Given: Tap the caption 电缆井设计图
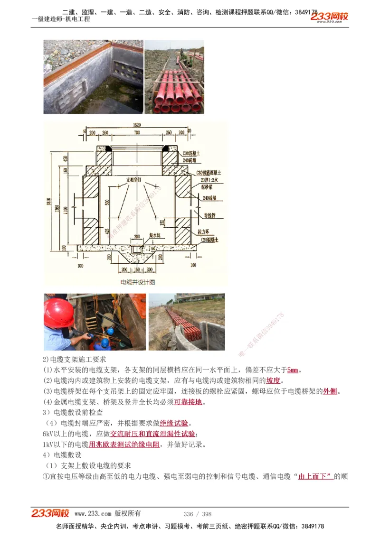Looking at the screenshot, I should coord(138,282).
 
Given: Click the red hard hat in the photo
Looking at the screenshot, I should coord(58,313).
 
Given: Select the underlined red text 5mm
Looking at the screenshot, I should coord(293,370).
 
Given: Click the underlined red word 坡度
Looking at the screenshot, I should coord(273,380).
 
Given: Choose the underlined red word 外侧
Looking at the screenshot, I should coord(330,391).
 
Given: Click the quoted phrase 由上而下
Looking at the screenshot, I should coord(315,476).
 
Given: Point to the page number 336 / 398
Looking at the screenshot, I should coord(197,514).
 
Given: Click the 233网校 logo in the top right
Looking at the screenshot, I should coord(329,17).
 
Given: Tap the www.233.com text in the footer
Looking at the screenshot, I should coord(93,513).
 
